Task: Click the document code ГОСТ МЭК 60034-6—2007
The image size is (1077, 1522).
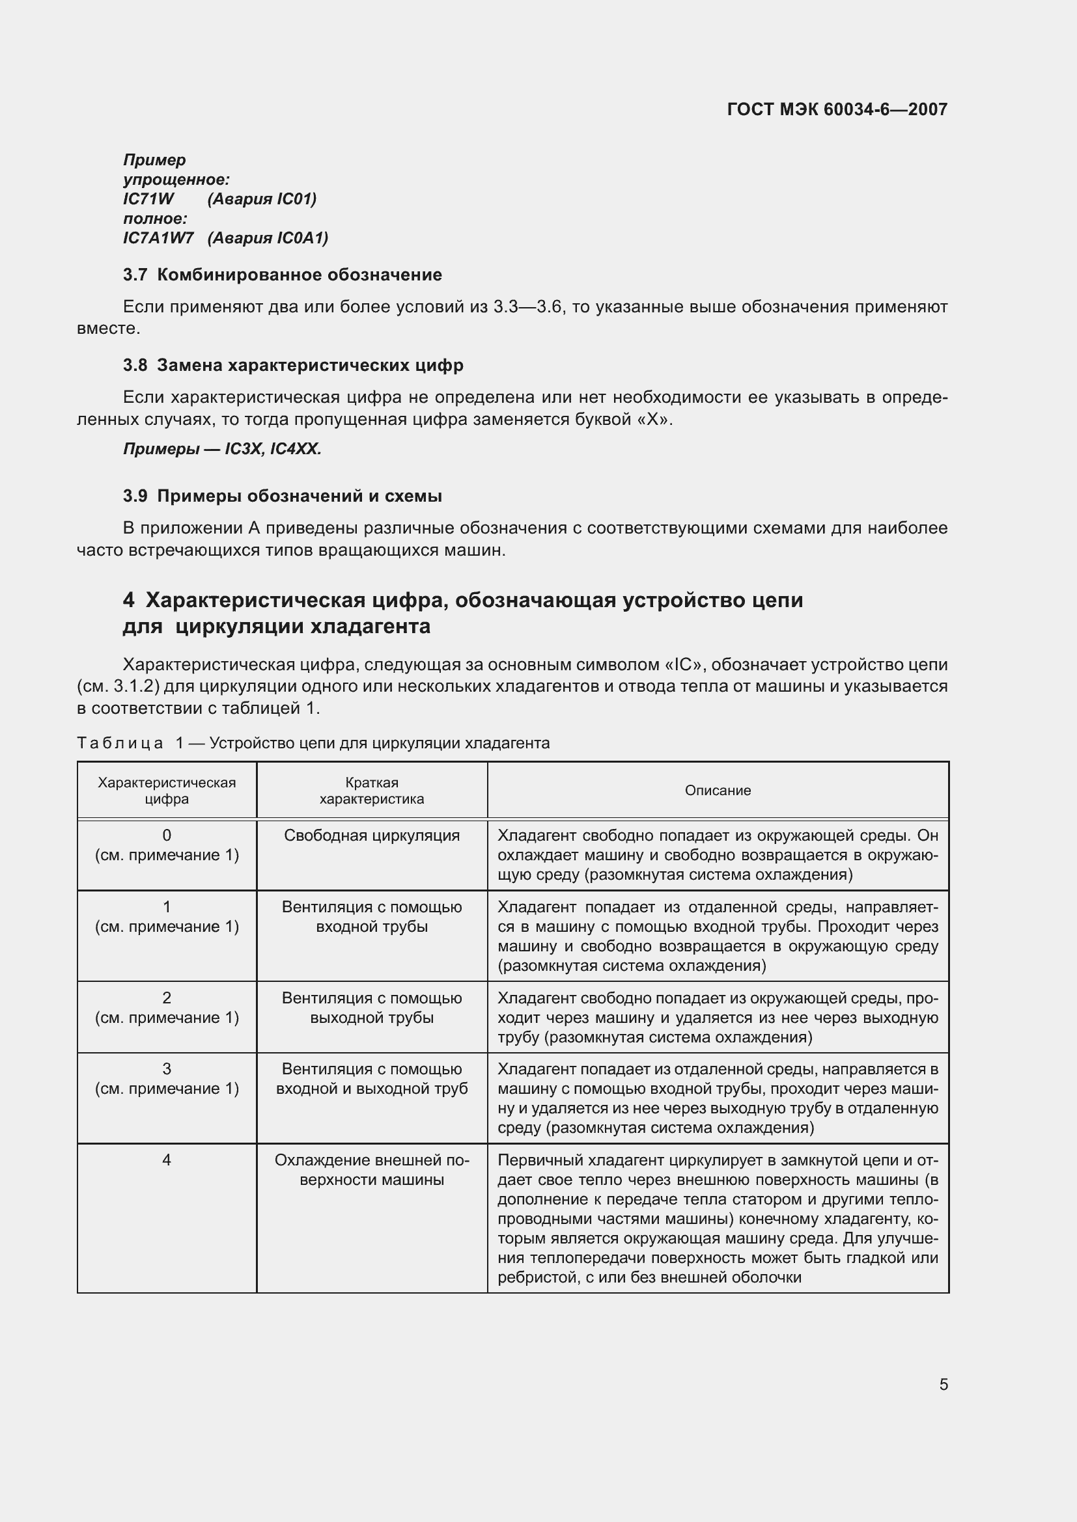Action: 837,109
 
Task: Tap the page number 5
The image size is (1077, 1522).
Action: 943,1384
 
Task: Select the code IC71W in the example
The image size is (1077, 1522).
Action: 148,199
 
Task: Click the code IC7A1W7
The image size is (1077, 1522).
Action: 158,238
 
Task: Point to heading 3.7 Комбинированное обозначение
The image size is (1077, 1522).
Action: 283,275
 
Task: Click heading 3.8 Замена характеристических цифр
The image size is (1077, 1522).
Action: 293,365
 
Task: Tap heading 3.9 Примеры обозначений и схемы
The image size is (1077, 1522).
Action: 283,496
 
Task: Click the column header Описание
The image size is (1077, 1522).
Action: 718,790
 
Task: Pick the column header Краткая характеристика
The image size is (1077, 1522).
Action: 371,790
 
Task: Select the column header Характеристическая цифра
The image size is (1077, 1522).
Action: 167,790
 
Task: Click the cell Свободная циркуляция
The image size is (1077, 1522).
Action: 371,836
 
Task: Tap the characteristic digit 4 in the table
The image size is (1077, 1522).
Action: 167,1160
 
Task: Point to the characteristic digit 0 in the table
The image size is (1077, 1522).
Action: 167,836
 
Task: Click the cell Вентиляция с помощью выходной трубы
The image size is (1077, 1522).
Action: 371,1007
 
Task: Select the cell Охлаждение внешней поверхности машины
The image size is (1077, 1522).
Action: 371,1169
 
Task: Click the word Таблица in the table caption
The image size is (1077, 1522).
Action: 120,743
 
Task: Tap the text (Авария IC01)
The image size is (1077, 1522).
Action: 262,199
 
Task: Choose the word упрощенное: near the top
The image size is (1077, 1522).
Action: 176,180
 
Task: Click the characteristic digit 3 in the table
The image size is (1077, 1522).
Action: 167,1068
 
